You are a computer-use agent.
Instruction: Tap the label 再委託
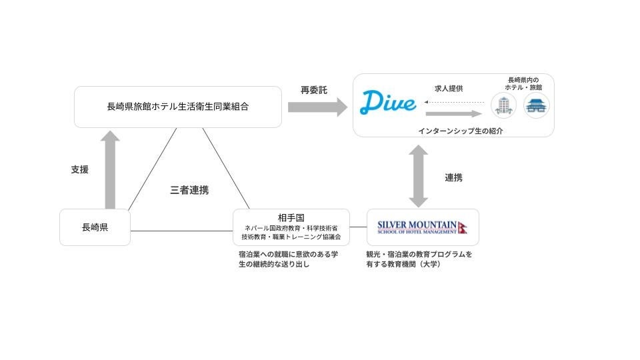tap(314, 90)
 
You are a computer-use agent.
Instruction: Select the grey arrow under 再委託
tap(317, 107)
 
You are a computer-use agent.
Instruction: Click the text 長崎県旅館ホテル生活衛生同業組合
tap(177, 106)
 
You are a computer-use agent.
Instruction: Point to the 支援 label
tap(79, 169)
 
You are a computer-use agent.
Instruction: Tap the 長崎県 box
tap(95, 227)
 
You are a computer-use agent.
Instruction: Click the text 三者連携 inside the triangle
tap(189, 190)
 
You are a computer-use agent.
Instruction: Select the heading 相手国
tap(291, 217)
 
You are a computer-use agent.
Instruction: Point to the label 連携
tap(453, 177)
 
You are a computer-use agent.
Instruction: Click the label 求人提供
tap(449, 89)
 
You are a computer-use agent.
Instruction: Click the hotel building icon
tap(504, 105)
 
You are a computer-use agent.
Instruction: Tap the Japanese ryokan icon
tap(537, 105)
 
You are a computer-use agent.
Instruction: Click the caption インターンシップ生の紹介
tap(460, 131)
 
